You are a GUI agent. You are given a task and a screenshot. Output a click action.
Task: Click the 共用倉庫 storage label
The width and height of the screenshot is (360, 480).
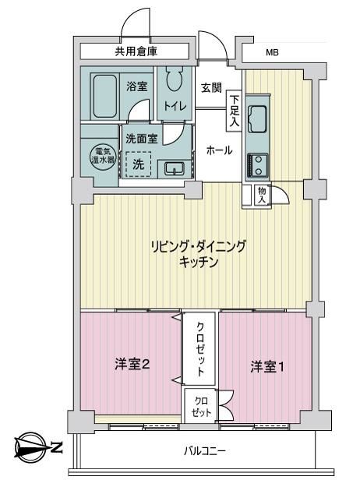point(136,51)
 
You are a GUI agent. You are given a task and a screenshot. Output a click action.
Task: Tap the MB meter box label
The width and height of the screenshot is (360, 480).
point(272,53)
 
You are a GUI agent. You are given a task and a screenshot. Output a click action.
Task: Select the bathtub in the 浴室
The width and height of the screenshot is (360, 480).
point(105,96)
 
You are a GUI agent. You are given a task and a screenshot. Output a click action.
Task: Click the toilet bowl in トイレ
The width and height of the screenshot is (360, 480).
point(175,78)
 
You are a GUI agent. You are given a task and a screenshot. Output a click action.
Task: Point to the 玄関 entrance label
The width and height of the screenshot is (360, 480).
point(211,88)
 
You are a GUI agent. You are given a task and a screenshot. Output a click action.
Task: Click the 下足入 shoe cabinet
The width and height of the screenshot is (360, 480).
point(235,111)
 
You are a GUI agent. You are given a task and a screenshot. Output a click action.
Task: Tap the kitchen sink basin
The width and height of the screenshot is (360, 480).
point(257,119)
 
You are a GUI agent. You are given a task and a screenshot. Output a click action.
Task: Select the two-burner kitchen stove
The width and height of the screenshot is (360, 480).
point(257,166)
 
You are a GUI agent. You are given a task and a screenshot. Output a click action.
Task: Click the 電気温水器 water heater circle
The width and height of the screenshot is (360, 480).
point(103,156)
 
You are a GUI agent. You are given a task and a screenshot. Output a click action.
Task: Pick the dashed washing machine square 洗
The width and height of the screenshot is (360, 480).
point(139,164)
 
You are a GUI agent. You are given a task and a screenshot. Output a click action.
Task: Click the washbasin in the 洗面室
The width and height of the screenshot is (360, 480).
point(175,168)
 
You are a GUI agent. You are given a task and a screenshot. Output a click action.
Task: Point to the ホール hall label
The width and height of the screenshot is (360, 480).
point(219,150)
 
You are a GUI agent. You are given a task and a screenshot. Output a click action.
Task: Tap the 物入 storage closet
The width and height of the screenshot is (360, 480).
point(262,195)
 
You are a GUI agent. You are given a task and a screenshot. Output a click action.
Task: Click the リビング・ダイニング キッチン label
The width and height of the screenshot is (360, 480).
point(199,254)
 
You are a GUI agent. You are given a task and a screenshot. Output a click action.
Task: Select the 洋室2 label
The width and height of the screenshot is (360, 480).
point(132,365)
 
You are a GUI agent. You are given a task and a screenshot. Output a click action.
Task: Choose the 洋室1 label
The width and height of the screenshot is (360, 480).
point(267,367)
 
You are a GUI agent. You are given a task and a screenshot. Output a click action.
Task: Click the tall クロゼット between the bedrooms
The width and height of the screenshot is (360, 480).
point(199,348)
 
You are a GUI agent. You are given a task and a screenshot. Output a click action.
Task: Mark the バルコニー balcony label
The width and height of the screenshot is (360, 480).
point(205,451)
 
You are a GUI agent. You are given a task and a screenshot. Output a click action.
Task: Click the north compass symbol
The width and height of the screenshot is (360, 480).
point(30,447)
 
